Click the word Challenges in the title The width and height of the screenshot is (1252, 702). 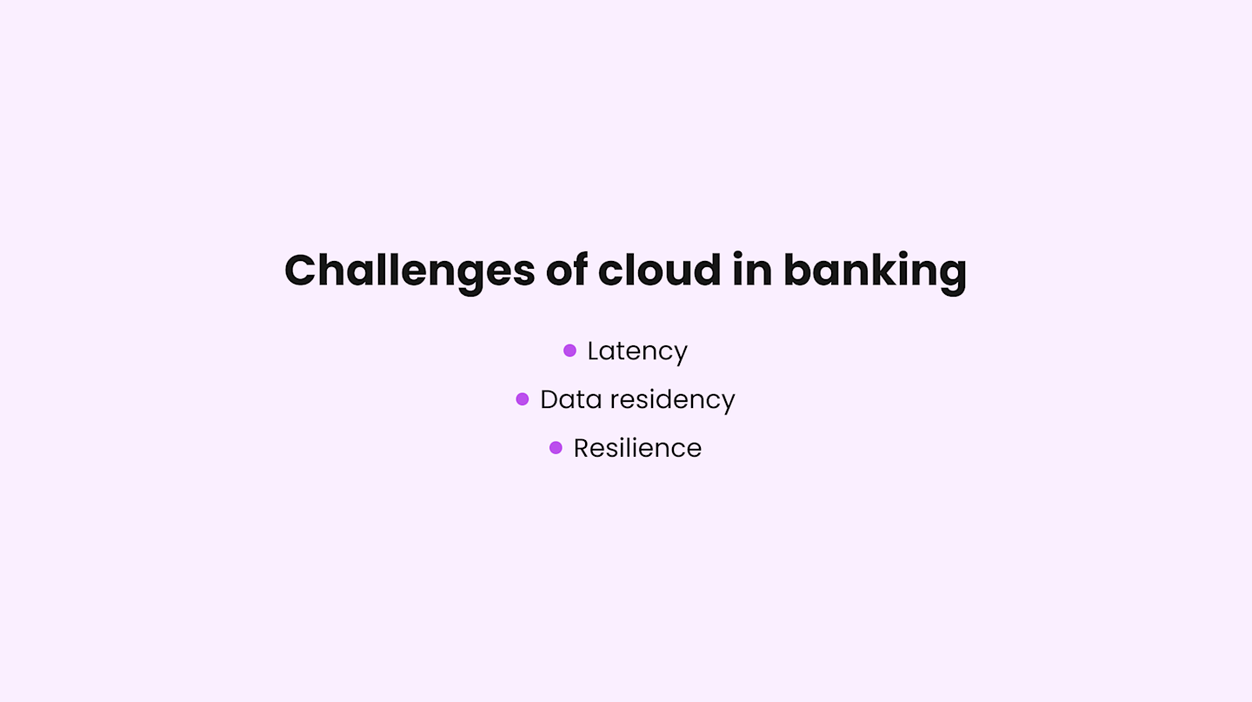click(410, 271)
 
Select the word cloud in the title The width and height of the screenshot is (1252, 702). click(659, 270)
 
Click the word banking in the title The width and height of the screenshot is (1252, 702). click(875, 271)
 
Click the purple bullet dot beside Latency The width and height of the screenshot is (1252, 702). click(569, 351)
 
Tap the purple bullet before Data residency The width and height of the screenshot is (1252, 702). click(522, 399)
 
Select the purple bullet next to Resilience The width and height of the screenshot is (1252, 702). click(556, 448)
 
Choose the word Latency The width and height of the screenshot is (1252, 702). click(637, 351)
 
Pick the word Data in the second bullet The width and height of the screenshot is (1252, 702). click(569, 399)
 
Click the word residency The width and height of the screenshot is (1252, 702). click(670, 400)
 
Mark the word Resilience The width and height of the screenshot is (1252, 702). click(637, 448)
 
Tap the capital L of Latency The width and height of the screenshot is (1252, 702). click(593, 351)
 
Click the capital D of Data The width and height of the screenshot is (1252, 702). click(549, 399)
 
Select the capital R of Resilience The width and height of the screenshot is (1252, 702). click(582, 448)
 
